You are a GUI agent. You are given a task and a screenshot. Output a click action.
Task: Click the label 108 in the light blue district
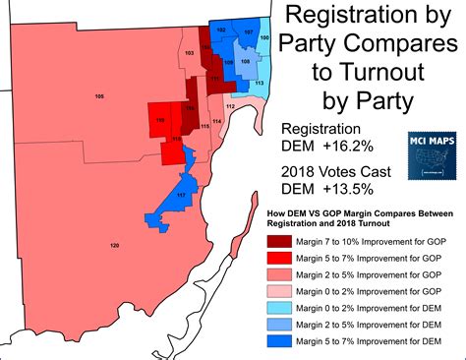click(245, 61)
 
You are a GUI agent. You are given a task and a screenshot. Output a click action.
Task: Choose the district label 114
click(216, 120)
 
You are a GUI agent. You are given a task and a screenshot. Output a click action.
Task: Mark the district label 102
click(221, 31)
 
